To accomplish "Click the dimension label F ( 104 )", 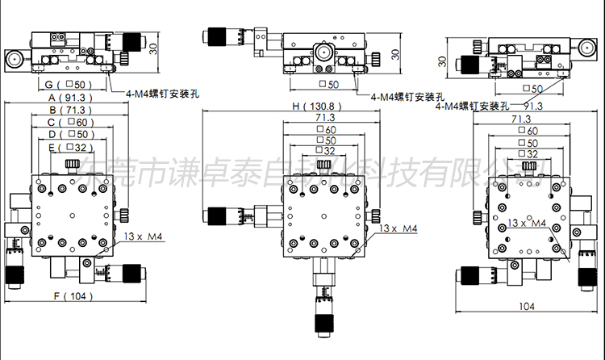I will click(x=73, y=296).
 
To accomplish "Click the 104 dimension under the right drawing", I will click(x=526, y=306).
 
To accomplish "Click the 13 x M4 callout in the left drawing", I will click(x=144, y=237).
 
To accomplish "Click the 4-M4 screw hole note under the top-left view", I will click(x=162, y=94).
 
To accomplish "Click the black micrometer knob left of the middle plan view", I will click(x=217, y=216).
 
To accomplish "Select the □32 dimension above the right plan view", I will click(x=526, y=153).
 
